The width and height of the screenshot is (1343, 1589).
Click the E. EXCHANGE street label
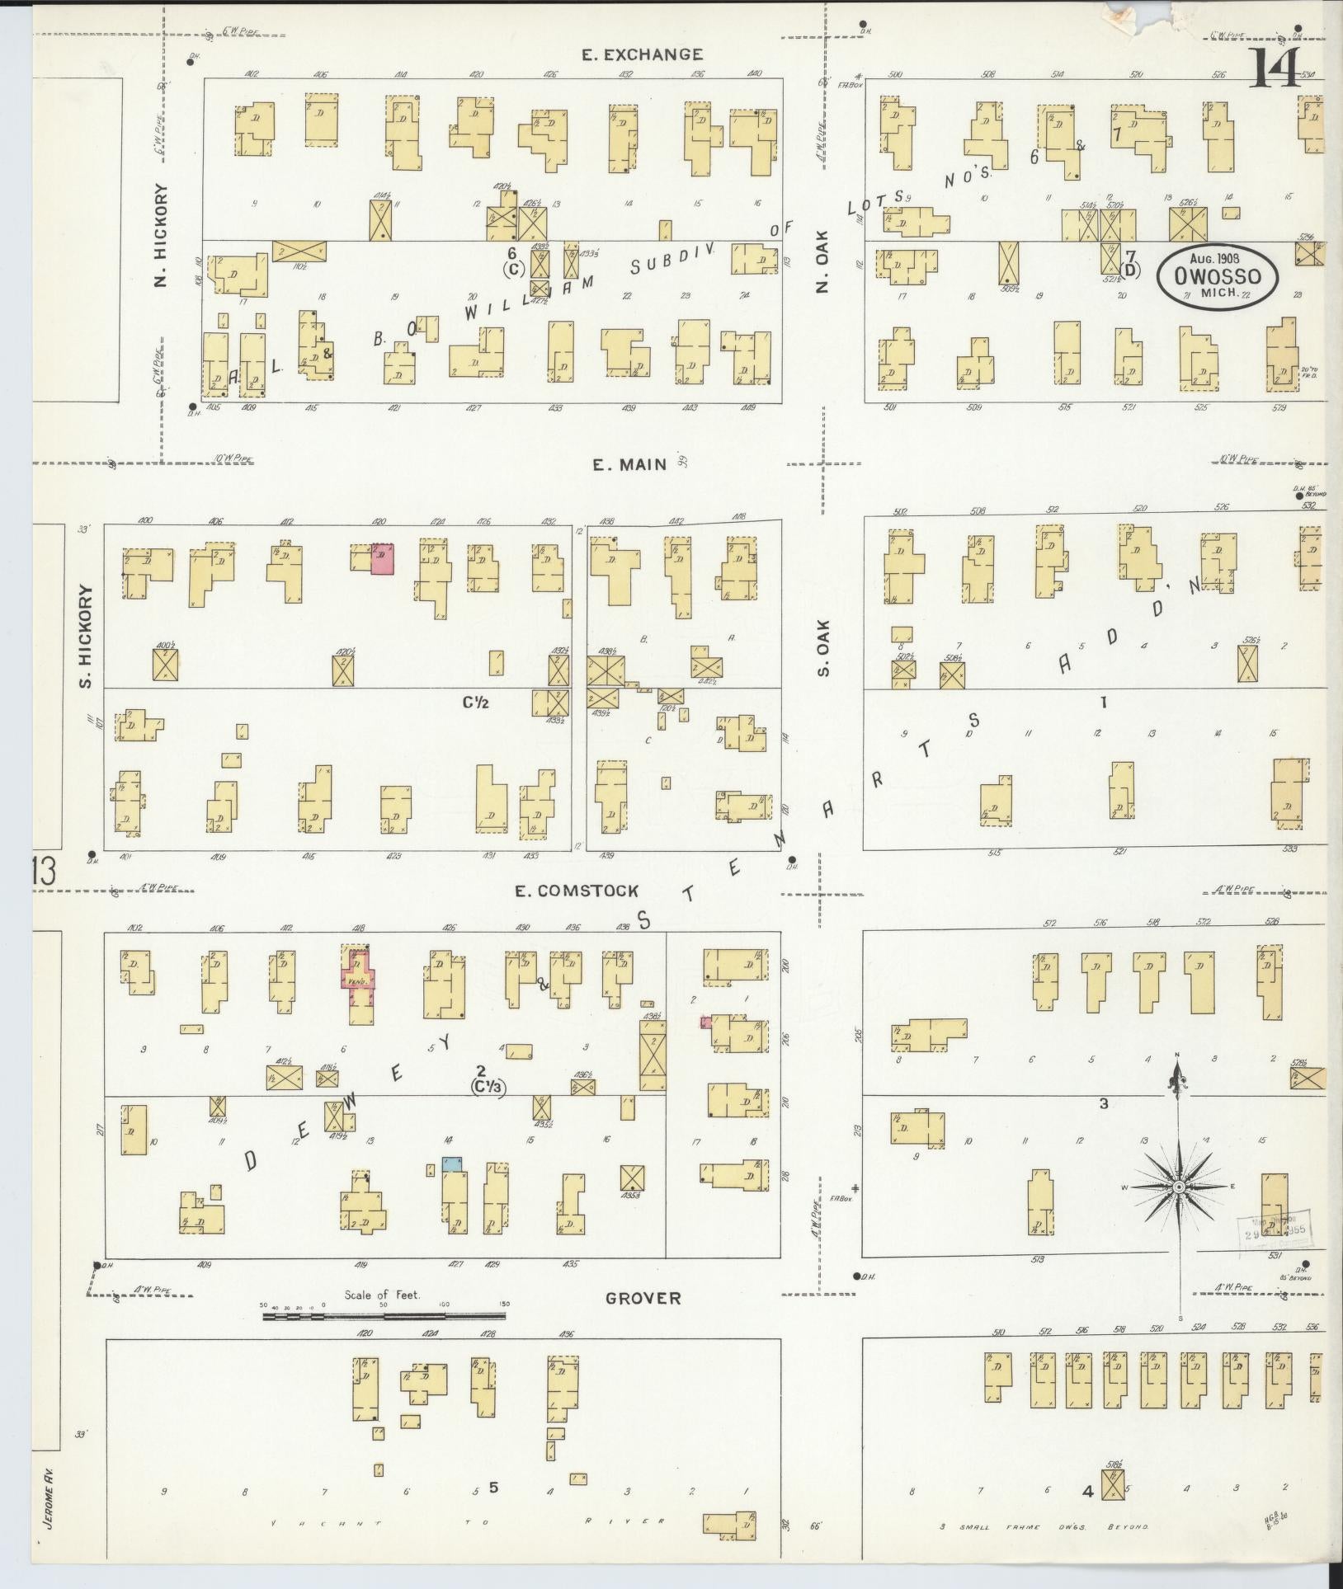coord(642,55)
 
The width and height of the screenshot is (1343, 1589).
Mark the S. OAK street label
coord(822,647)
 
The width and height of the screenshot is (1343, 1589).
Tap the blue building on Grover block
coord(451,1164)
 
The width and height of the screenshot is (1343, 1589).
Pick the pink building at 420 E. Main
coord(382,558)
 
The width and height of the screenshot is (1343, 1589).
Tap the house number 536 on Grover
coord(1312,1328)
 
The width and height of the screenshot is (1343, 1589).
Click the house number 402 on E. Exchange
coord(252,74)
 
